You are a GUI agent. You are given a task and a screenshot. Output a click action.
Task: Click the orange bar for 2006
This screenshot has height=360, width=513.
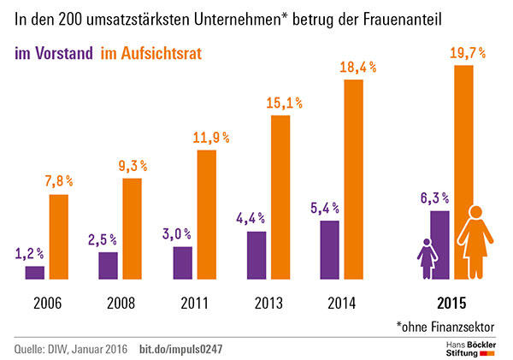click(x=58, y=237)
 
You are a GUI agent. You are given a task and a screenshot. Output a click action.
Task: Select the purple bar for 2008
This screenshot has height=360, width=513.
click(x=109, y=265)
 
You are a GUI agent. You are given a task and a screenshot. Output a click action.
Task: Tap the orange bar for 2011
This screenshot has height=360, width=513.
click(x=206, y=215)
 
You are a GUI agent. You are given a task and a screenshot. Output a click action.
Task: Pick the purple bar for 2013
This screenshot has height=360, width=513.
click(x=256, y=255)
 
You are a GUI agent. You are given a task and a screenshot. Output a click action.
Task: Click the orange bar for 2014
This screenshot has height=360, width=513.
click(x=354, y=180)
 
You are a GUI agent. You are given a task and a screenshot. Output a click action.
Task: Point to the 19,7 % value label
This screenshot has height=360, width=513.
click(x=467, y=53)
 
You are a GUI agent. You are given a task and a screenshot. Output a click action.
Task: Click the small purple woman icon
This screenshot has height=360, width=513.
click(x=425, y=259)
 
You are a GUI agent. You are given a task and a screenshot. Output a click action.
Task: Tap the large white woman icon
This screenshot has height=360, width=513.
click(x=472, y=243)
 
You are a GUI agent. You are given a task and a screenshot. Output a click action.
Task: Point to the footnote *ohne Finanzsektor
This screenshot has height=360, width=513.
click(x=450, y=326)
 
